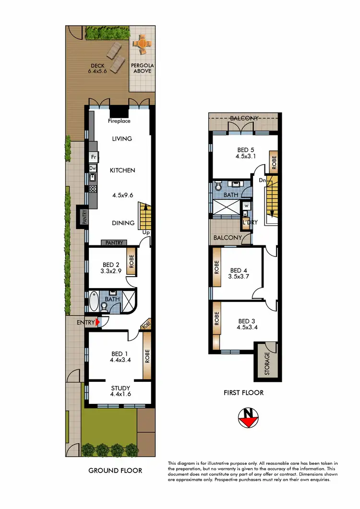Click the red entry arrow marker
point(98,323)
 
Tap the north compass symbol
point(249,418)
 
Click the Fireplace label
point(120,122)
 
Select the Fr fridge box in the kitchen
point(93,157)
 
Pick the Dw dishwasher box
point(93,169)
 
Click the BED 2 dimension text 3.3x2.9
point(111,271)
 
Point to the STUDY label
point(120,388)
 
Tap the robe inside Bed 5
point(274,162)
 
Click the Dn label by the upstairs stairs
point(262,180)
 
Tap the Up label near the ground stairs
point(146,232)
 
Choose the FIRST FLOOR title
point(244,392)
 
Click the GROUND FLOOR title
point(115,470)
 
